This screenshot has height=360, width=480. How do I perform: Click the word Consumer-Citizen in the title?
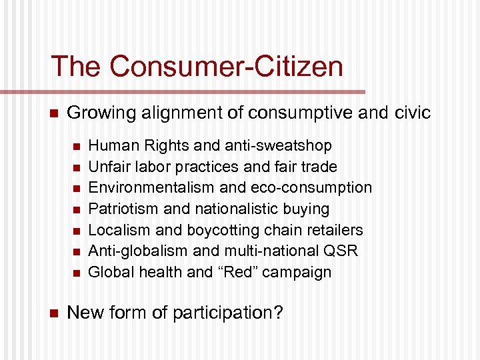click(227, 67)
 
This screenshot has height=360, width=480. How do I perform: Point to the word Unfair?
click(107, 167)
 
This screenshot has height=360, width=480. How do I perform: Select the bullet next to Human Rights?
click(76, 146)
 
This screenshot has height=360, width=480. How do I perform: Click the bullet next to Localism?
click(76, 231)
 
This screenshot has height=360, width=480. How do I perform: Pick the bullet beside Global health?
click(76, 273)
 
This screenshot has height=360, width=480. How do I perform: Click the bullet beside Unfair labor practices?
click(76, 167)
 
